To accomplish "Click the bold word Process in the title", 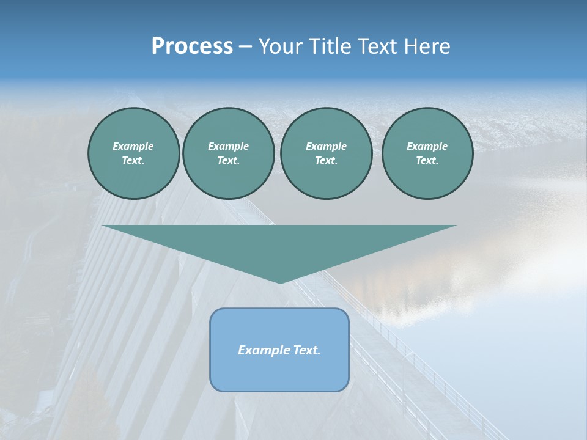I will pyautogui.click(x=192, y=46).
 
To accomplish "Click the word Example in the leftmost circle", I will pyautogui.click(x=133, y=146).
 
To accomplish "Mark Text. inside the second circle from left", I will pyautogui.click(x=228, y=161).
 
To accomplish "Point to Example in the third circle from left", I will pyautogui.click(x=326, y=146).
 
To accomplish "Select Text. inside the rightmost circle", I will pyautogui.click(x=427, y=161).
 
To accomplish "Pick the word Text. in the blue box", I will pyautogui.click(x=306, y=350).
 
